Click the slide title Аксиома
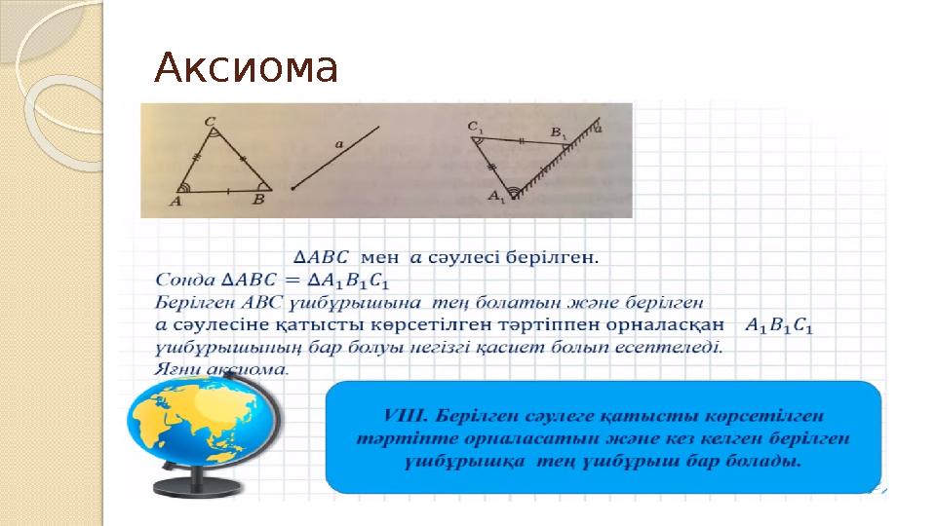pyautogui.click(x=247, y=69)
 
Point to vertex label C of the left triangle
pyautogui.click(x=211, y=122)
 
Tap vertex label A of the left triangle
pyautogui.click(x=176, y=202)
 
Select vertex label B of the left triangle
pyautogui.click(x=258, y=201)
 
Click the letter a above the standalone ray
pyautogui.click(x=338, y=144)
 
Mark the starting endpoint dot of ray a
pyautogui.click(x=292, y=188)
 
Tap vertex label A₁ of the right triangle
pyautogui.click(x=496, y=198)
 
